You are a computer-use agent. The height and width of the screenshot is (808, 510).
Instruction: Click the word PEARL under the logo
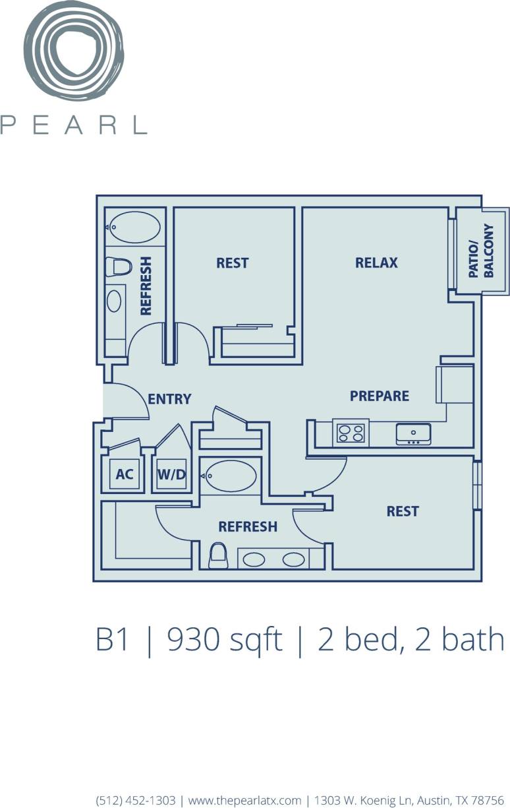pyautogui.click(x=73, y=125)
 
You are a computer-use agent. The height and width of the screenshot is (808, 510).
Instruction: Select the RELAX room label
pyautogui.click(x=376, y=263)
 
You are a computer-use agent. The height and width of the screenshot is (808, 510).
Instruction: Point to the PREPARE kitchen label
pyautogui.click(x=379, y=396)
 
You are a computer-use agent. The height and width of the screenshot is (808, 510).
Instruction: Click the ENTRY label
pyautogui.click(x=169, y=398)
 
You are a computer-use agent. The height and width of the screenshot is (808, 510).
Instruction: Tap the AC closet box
pyautogui.click(x=124, y=474)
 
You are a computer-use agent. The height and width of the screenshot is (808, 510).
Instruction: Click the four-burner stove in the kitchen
pyautogui.click(x=351, y=433)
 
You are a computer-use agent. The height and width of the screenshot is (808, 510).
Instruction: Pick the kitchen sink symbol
pyautogui.click(x=413, y=433)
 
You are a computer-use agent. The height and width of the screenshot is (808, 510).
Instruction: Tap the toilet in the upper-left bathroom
pyautogui.click(x=119, y=267)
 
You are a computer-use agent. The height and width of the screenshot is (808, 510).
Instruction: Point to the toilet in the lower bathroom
pyautogui.click(x=218, y=555)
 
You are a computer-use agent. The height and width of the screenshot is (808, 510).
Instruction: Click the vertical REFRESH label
pyautogui.click(x=146, y=286)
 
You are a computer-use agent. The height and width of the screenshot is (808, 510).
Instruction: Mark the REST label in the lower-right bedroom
pyautogui.click(x=402, y=511)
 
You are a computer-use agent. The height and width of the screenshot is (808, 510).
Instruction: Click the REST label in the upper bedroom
pyautogui.click(x=232, y=263)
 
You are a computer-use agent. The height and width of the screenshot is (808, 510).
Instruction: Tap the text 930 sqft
pyautogui.click(x=225, y=640)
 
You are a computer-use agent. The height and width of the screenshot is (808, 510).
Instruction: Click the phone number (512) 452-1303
pyautogui.click(x=136, y=800)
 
